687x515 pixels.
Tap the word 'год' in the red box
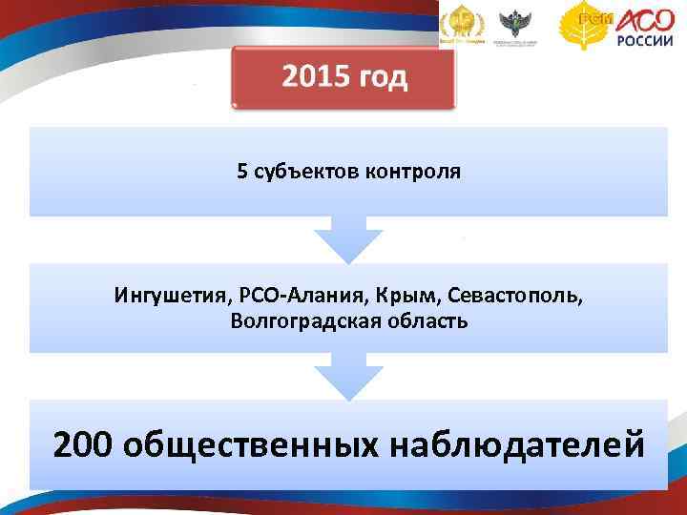(x=383, y=78)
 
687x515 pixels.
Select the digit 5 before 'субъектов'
(x=242, y=173)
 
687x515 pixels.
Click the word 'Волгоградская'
(x=294, y=320)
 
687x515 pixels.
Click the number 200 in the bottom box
(x=84, y=443)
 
